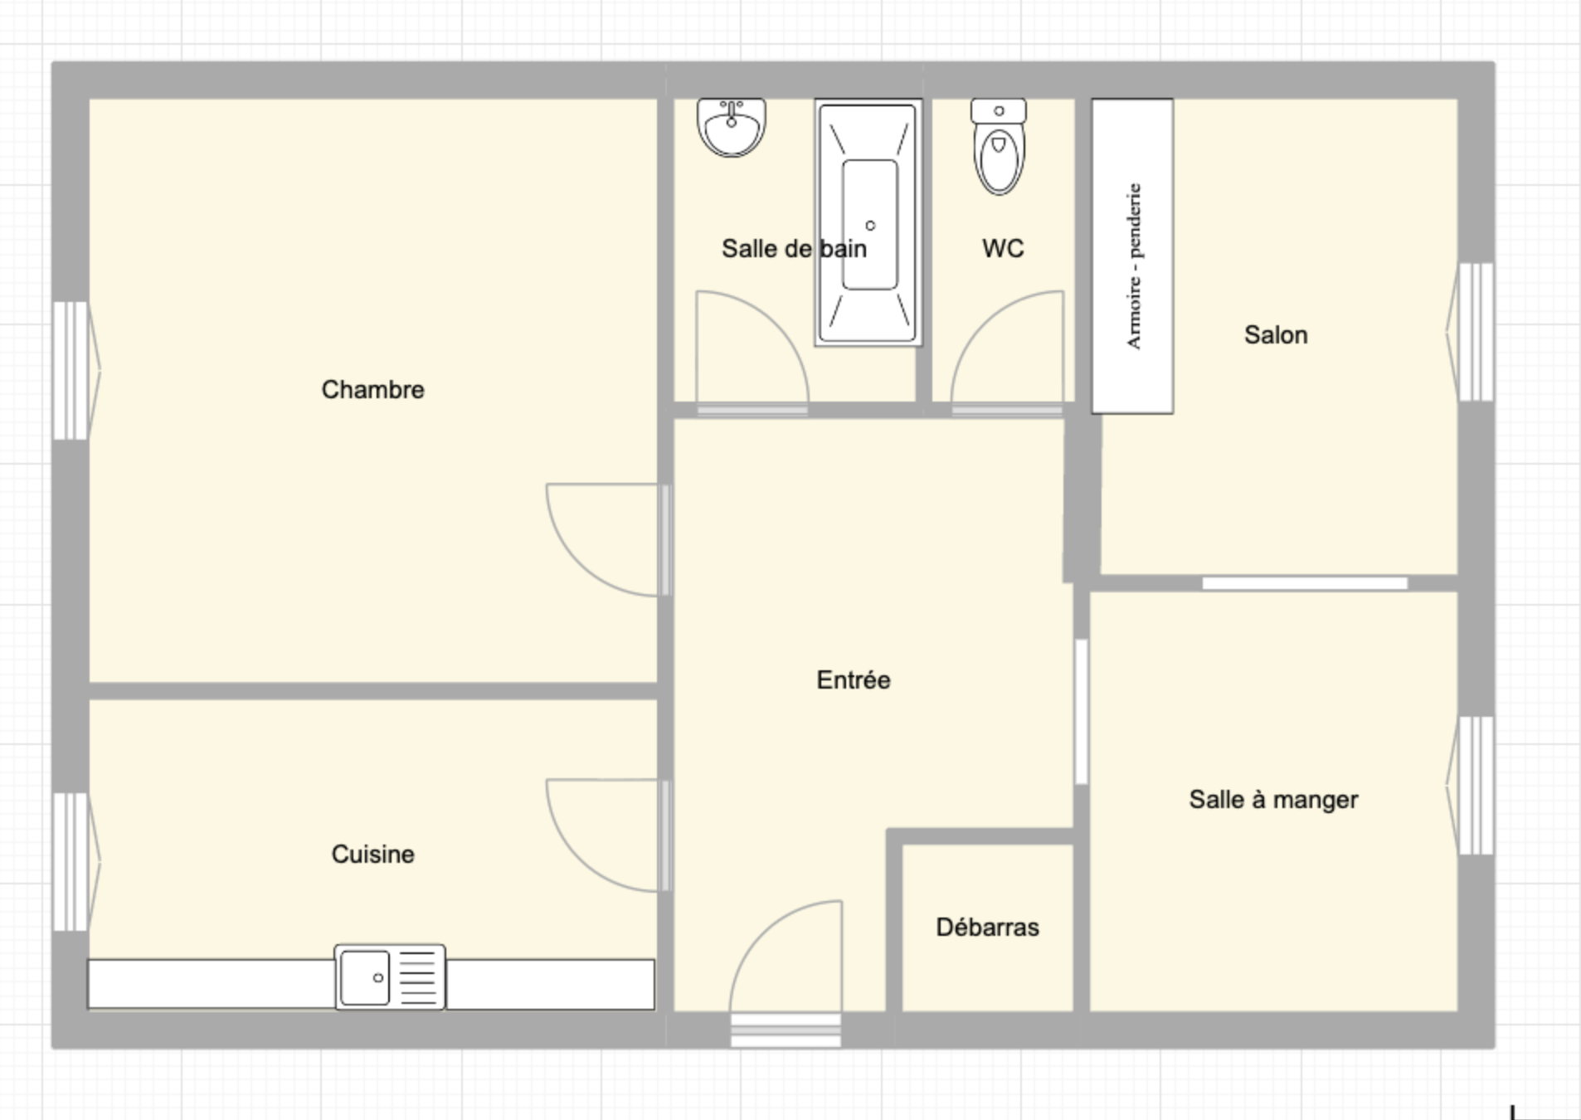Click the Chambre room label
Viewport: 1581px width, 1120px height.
372,389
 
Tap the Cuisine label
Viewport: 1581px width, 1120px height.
372,854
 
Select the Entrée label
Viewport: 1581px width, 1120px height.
853,679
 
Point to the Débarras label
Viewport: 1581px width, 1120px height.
987,927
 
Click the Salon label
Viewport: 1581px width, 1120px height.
1276,334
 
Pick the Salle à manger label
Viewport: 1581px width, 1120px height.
1273,799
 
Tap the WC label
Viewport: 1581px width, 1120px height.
1003,248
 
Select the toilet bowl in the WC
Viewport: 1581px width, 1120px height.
999,158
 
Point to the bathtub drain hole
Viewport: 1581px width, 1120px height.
870,226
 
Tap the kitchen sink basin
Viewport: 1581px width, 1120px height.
365,977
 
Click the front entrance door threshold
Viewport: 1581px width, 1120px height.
786,1030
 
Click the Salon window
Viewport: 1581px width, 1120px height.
1475,332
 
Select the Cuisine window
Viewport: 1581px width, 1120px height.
72,861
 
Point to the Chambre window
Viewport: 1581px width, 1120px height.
72,370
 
